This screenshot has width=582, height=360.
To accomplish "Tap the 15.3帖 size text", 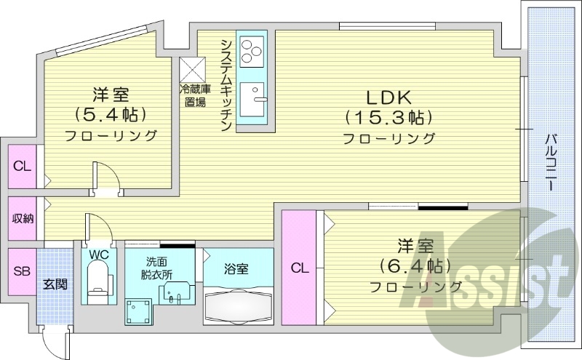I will point(389,116).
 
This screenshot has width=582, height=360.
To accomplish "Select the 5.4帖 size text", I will point(111,114).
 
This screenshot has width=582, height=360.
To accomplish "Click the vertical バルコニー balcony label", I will point(552,161).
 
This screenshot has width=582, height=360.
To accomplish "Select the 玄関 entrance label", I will point(55,284).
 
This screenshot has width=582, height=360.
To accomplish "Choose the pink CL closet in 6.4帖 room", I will point(299,268).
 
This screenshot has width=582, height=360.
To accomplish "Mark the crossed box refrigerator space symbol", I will point(193,71).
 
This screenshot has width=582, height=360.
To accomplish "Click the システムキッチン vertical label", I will point(226,83).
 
